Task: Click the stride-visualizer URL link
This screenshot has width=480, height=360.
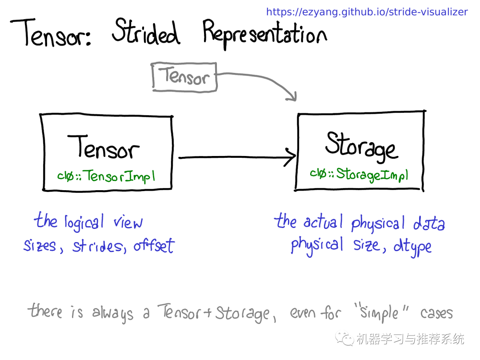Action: tap(367, 12)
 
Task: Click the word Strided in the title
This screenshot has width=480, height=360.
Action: tap(146, 32)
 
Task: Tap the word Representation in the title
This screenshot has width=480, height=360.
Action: tap(264, 34)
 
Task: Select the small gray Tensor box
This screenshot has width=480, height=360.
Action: tap(184, 77)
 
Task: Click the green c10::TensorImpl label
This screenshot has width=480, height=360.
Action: tap(106, 176)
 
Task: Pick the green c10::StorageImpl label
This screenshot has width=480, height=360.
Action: tap(359, 175)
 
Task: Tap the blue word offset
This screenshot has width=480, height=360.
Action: tap(154, 245)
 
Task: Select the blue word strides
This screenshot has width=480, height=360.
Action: tap(99, 247)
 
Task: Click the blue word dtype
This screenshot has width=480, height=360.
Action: tap(412, 247)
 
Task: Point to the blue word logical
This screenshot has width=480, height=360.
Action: tap(84, 222)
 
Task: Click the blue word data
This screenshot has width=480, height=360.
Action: tap(429, 223)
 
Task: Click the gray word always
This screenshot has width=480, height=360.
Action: tap(112, 313)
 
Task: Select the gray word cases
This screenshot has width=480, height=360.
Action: tap(436, 313)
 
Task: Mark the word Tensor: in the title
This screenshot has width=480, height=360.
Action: tap(51, 32)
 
